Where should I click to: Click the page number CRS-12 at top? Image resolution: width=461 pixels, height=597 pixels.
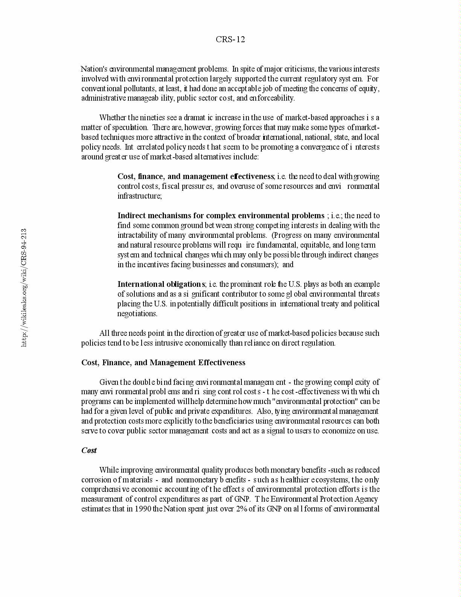tap(230, 40)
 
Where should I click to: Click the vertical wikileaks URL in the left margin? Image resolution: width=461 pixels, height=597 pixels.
tap(24, 288)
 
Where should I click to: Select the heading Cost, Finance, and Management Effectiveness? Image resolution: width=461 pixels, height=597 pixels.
tap(163, 363)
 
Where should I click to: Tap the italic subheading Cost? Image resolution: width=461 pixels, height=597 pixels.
tap(89, 450)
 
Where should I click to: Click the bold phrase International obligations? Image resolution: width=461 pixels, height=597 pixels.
tap(162, 284)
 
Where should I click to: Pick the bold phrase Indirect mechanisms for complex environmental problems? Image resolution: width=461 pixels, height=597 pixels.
tap(221, 216)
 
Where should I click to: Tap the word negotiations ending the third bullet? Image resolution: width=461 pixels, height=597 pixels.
tap(137, 314)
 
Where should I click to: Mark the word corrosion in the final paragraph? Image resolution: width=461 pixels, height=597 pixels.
tap(96, 480)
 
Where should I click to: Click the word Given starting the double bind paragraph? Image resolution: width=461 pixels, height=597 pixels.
tap(108, 382)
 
